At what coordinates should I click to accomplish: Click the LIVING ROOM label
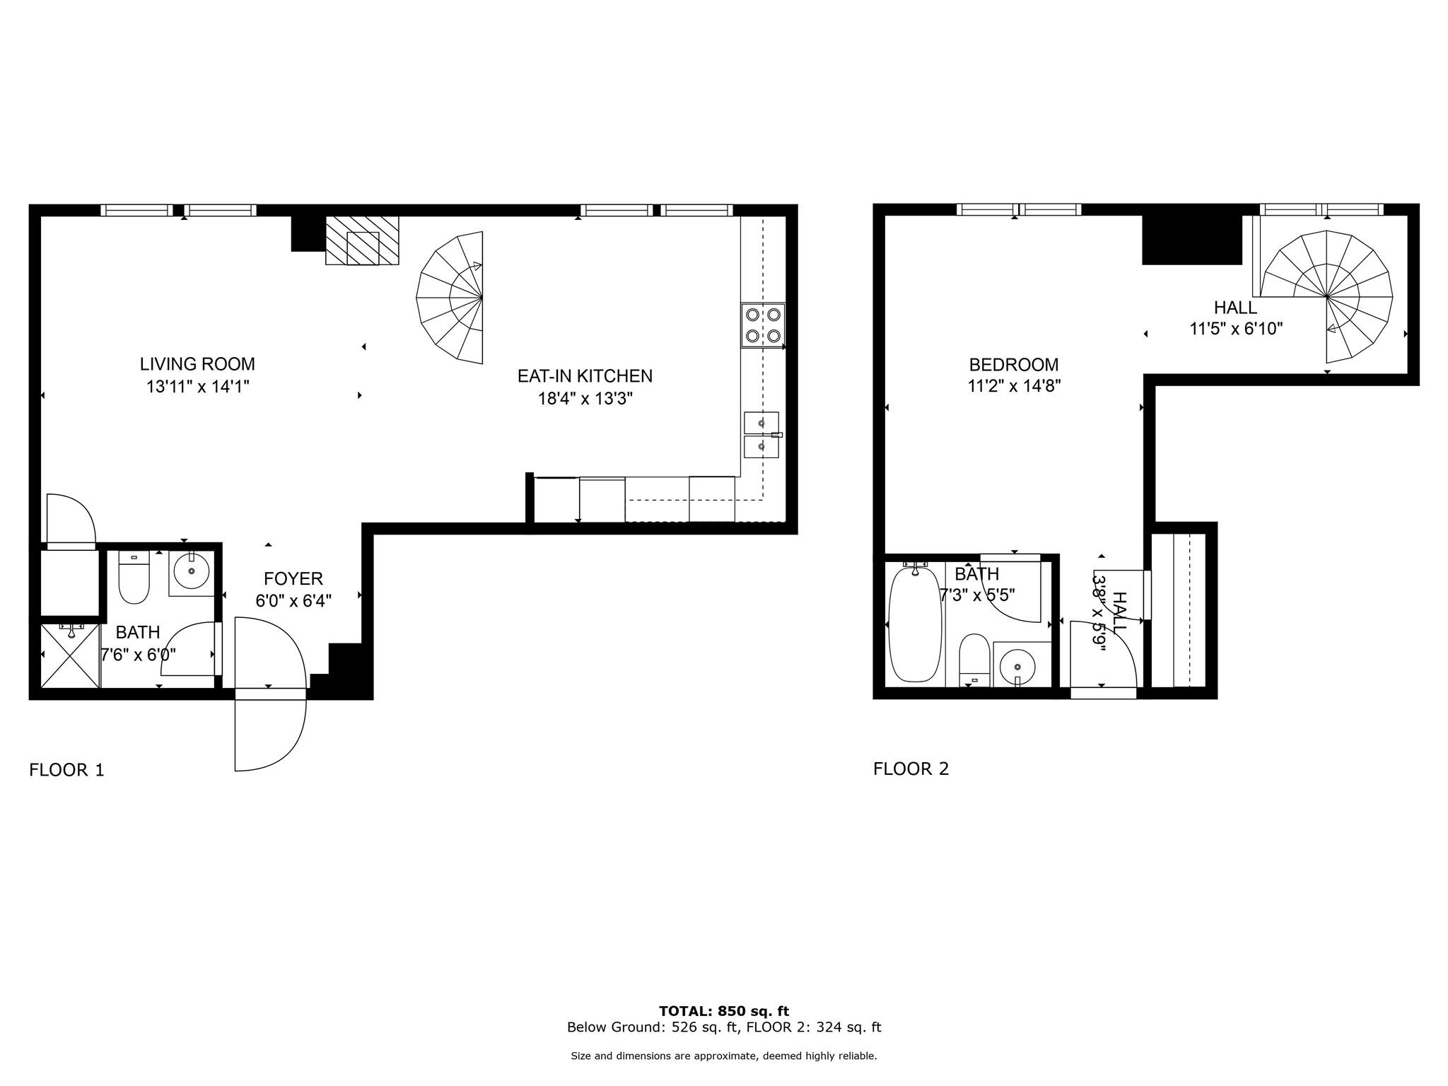pyautogui.click(x=197, y=364)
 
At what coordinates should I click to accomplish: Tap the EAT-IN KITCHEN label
pyautogui.click(x=585, y=376)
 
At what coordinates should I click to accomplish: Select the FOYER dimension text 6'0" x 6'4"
pyautogui.click(x=293, y=601)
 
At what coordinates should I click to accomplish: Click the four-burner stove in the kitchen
pyautogui.click(x=763, y=325)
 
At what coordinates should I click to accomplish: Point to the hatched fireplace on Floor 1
pyautogui.click(x=362, y=241)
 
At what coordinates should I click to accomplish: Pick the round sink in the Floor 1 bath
pyautogui.click(x=191, y=571)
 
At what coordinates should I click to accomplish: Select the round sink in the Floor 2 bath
pyautogui.click(x=1017, y=666)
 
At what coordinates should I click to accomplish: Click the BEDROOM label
pyautogui.click(x=1014, y=365)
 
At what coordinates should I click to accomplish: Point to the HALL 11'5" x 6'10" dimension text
pyautogui.click(x=1235, y=329)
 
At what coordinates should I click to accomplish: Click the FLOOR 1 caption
pyautogui.click(x=66, y=770)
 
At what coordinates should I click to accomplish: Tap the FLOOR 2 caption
pyautogui.click(x=911, y=769)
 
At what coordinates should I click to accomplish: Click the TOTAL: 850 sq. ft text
pyautogui.click(x=724, y=1011)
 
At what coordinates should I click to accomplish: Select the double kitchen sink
pyautogui.click(x=761, y=434)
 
